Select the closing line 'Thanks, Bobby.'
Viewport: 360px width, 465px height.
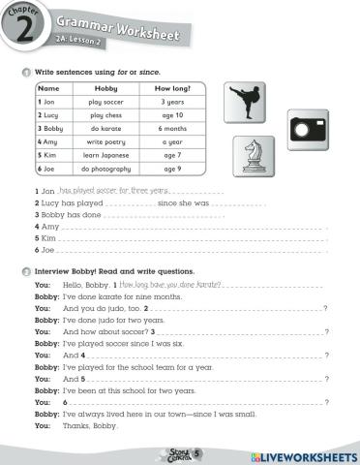[92, 425]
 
